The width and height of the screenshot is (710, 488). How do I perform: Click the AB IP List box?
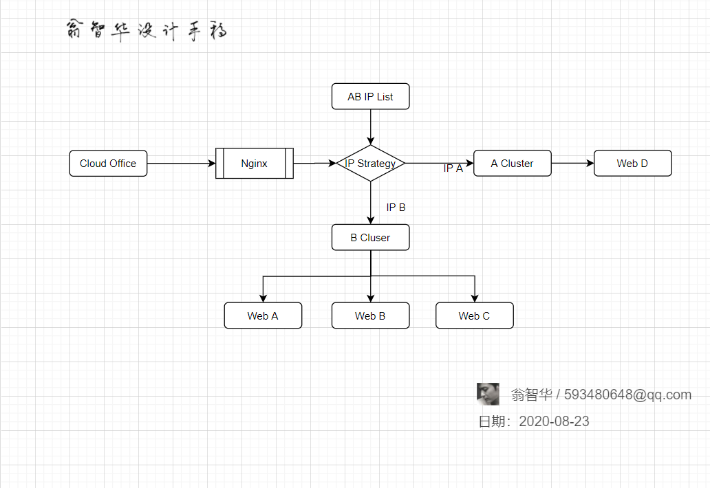click(x=370, y=96)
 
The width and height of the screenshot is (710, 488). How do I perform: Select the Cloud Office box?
click(x=108, y=164)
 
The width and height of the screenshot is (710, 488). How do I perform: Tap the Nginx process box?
click(x=255, y=164)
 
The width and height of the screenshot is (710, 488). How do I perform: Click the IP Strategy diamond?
click(x=370, y=164)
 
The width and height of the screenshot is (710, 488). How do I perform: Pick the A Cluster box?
click(x=512, y=164)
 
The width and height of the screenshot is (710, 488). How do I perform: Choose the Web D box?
click(x=632, y=164)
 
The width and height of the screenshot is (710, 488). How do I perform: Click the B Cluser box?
click(x=370, y=237)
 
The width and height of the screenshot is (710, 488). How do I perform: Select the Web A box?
click(x=263, y=315)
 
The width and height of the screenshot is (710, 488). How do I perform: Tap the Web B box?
click(x=370, y=315)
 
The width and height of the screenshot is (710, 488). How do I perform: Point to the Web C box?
click(x=475, y=315)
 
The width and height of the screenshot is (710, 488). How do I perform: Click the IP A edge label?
click(x=453, y=168)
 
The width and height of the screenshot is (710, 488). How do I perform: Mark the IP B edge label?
click(x=396, y=208)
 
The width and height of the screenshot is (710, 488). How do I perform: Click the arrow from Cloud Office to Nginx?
click(x=182, y=164)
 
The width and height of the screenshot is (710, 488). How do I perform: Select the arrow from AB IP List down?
click(x=370, y=127)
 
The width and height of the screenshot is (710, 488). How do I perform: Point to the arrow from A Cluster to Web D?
click(x=573, y=164)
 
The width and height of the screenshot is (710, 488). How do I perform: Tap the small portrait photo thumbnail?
click(x=488, y=394)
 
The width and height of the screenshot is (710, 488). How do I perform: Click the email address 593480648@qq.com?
click(x=627, y=395)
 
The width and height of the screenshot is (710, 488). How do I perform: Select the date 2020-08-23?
click(x=554, y=421)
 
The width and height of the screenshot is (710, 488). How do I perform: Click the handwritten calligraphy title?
click(x=147, y=30)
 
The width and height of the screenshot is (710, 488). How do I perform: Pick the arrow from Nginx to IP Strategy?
click(x=314, y=164)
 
